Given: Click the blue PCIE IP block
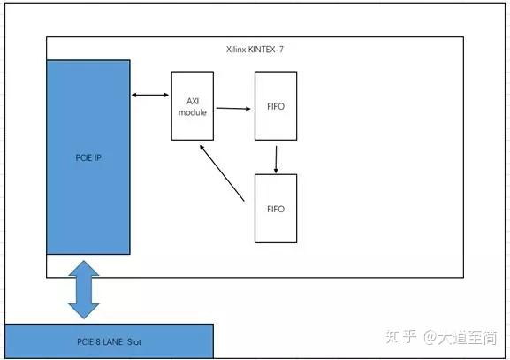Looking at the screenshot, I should pyautogui.click(x=88, y=157).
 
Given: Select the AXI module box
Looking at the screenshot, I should pyautogui.click(x=193, y=105).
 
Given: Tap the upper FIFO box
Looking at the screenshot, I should pyautogui.click(x=276, y=105).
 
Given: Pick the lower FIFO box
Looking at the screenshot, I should pyautogui.click(x=276, y=208).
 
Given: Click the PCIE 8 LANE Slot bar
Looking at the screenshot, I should pyautogui.click(x=109, y=341).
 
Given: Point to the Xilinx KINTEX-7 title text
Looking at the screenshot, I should pyautogui.click(x=255, y=49).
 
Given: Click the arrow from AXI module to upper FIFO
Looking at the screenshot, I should pyautogui.click(x=233, y=109).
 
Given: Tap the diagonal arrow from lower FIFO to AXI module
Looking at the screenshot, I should pyautogui.click(x=222, y=173).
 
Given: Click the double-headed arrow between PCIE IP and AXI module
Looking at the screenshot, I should pyautogui.click(x=150, y=94).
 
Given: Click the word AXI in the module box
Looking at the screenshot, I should pyautogui.click(x=193, y=101).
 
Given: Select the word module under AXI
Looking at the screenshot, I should pyautogui.click(x=193, y=112).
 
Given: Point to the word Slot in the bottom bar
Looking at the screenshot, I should pyautogui.click(x=135, y=341).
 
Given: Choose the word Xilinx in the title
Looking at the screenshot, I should pyautogui.click(x=236, y=49).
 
